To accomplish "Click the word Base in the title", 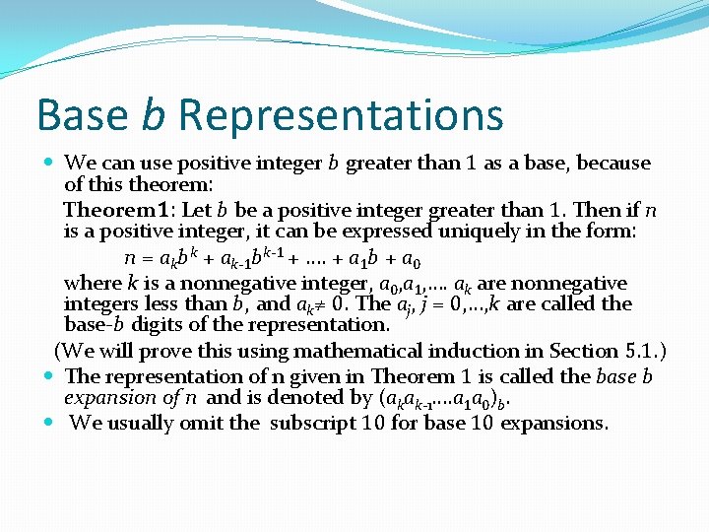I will (82, 114).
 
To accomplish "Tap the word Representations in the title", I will (341, 114).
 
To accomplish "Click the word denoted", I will (294, 398).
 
